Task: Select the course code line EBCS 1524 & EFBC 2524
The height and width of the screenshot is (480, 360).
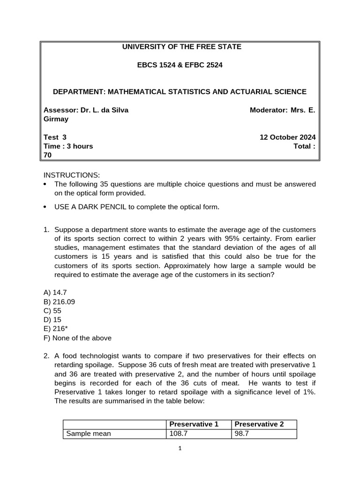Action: click(x=180, y=65)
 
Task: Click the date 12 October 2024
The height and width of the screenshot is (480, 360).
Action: click(x=287, y=137)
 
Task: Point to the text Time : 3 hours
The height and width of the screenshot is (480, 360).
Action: click(x=68, y=146)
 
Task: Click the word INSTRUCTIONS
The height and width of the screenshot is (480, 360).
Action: click(x=72, y=175)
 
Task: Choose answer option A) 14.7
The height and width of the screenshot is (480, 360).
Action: click(x=55, y=292)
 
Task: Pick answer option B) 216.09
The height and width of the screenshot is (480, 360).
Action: click(x=59, y=301)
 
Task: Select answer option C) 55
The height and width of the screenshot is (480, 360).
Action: click(x=52, y=311)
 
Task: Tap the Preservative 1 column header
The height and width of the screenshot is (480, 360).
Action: click(x=194, y=424)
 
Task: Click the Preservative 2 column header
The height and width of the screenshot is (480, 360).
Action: click(x=259, y=424)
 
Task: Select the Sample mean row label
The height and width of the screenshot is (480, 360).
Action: click(x=89, y=434)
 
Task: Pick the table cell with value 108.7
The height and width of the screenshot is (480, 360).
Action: click(x=179, y=434)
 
